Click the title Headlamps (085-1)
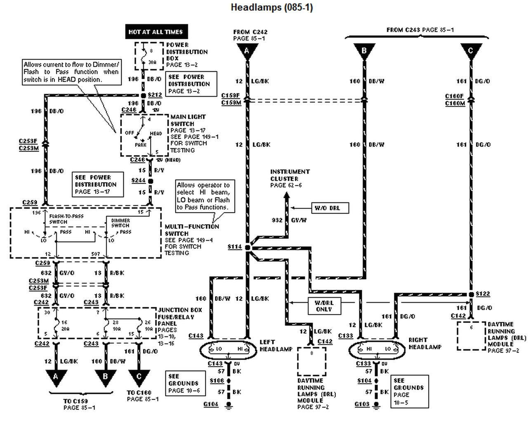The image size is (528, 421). (x=271, y=7)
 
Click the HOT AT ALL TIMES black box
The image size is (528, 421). (x=156, y=32)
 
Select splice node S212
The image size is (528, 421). (x=144, y=95)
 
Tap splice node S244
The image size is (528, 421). (x=150, y=181)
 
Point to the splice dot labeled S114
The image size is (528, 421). (x=247, y=247)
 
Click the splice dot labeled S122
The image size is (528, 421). (x=471, y=294)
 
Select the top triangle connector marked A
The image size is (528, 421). (x=247, y=51)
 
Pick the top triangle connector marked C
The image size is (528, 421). (x=470, y=51)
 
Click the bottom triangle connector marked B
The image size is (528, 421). (x=105, y=377)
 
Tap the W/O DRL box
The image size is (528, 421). (x=327, y=208)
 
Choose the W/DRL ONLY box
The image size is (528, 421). (x=324, y=306)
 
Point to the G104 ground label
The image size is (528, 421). (x=211, y=404)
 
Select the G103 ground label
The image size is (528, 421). (x=362, y=404)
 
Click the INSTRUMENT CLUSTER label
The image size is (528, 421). (x=290, y=175)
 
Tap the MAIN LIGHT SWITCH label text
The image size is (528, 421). (x=188, y=120)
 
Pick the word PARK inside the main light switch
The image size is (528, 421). (x=141, y=145)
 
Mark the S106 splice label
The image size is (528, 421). (x=216, y=380)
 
